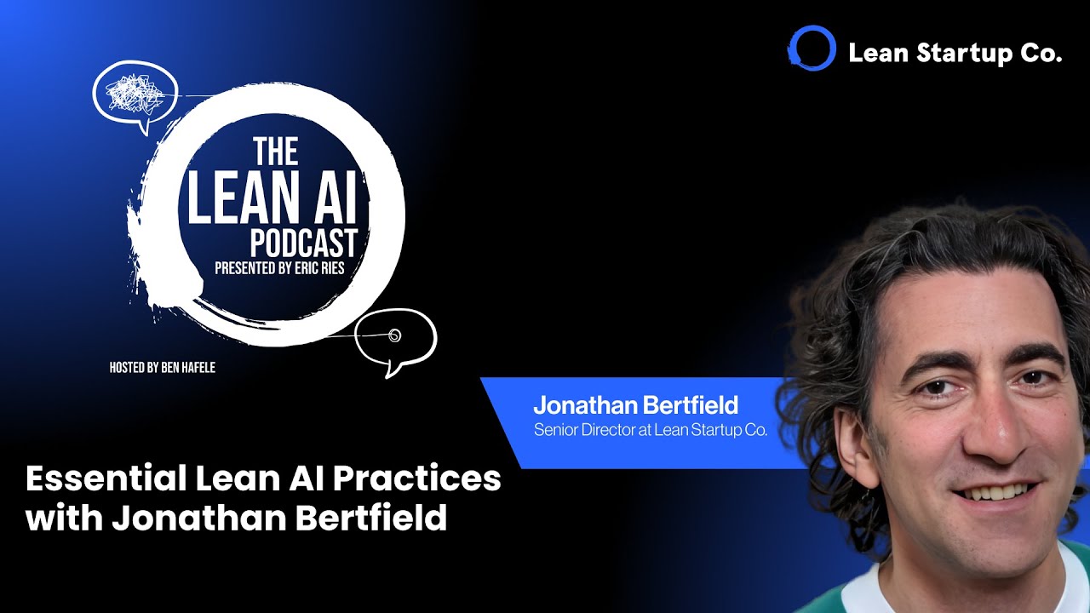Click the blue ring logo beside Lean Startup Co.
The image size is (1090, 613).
tap(812, 49)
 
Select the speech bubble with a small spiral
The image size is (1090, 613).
tap(394, 336)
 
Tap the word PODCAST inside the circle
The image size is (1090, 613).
tap(302, 243)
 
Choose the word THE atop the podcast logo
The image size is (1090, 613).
tap(276, 152)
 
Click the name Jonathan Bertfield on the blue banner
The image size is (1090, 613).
tap(635, 404)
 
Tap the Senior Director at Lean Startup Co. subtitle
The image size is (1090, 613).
tap(651, 430)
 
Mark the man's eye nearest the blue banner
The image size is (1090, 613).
tap(934, 387)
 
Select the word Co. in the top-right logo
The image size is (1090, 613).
tap(1041, 54)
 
